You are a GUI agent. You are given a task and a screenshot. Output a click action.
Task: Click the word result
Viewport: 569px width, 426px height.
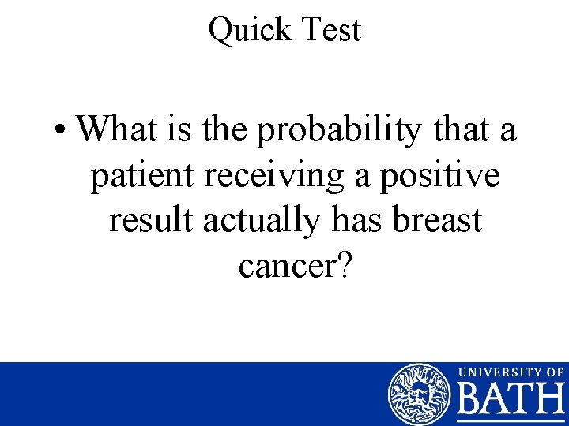pyautogui.click(x=151, y=221)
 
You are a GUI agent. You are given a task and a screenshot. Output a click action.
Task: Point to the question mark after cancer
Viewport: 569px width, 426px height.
pyautogui.click(x=344, y=266)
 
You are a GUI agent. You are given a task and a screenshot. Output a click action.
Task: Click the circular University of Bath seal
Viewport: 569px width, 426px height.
pyautogui.click(x=419, y=394)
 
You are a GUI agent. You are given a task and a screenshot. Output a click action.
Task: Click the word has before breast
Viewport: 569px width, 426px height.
pyautogui.click(x=350, y=221)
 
